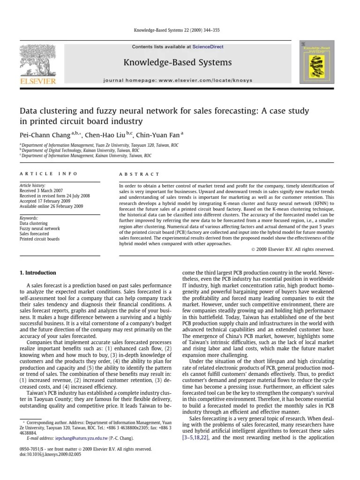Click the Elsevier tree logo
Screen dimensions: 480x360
pyautogui.click(x=37, y=61)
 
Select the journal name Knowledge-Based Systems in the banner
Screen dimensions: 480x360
pyautogui.click(x=177, y=62)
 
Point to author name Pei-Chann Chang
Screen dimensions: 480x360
pyautogui.click(x=45, y=135)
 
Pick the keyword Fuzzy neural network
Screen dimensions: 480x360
pyautogui.click(x=40, y=228)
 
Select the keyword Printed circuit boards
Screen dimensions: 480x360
pyautogui.click(x=39, y=239)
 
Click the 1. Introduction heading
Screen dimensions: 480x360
pyautogui.click(x=37, y=273)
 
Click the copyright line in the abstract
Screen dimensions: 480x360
pyautogui.click(x=292, y=249)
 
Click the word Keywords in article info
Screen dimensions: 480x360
pyautogui.click(x=29, y=218)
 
